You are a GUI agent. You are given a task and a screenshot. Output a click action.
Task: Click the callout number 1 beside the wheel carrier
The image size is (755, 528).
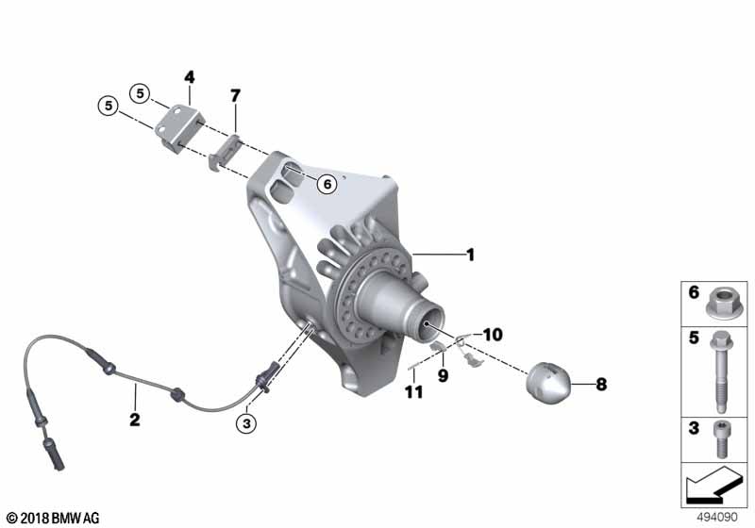(470, 255)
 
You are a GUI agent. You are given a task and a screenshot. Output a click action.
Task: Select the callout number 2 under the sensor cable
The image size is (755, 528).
(135, 419)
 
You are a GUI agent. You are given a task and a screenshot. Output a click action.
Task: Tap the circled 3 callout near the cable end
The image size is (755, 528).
(246, 423)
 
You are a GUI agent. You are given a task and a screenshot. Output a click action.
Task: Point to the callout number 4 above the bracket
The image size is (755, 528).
(189, 75)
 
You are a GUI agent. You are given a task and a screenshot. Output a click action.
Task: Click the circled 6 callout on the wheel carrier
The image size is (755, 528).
(326, 185)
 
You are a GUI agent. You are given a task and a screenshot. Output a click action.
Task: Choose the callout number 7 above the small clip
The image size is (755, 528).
(236, 95)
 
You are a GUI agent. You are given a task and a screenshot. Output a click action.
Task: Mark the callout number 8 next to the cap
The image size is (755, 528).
(601, 384)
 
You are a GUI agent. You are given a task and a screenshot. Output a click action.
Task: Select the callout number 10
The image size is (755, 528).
(495, 335)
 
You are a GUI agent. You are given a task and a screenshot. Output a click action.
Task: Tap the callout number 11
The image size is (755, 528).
(411, 390)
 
